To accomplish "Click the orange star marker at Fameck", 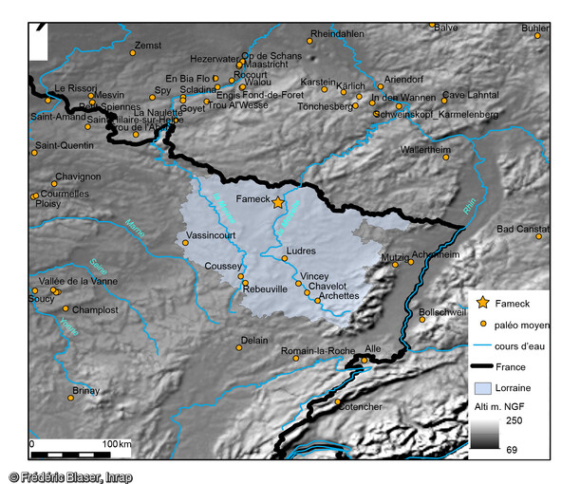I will (x=277, y=202).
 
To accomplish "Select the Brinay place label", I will (x=85, y=390).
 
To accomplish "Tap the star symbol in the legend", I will (x=483, y=303).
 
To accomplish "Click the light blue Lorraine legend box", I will (x=483, y=388).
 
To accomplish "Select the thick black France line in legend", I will (x=483, y=366).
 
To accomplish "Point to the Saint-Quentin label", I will (x=64, y=145).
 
